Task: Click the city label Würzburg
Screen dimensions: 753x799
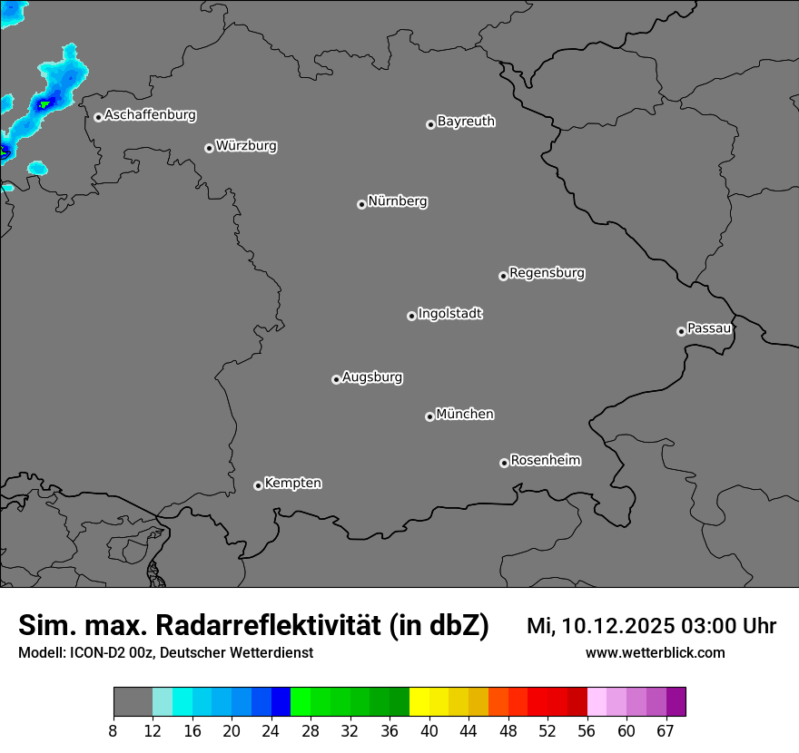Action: [x=246, y=146]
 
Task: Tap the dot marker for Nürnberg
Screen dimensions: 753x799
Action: [x=361, y=204]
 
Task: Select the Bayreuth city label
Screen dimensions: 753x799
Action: [x=466, y=122]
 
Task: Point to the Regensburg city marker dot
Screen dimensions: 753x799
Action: [x=503, y=276]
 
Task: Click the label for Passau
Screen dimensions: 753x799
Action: [x=709, y=328]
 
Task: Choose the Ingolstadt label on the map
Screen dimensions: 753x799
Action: [x=449, y=314]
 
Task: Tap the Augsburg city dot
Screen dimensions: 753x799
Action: [x=336, y=379]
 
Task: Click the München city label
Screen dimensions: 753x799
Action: [x=465, y=415]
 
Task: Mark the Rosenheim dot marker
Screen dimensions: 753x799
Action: [x=504, y=464]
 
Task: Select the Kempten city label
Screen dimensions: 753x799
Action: [x=292, y=484]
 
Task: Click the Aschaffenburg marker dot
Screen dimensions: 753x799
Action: [x=98, y=117]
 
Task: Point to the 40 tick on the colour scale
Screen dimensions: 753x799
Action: [x=429, y=730]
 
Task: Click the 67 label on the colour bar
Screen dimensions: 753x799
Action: [x=666, y=730]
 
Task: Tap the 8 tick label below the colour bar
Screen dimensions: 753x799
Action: [x=113, y=730]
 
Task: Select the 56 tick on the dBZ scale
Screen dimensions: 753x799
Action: [x=587, y=730]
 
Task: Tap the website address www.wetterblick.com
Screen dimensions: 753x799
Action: [x=656, y=652]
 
